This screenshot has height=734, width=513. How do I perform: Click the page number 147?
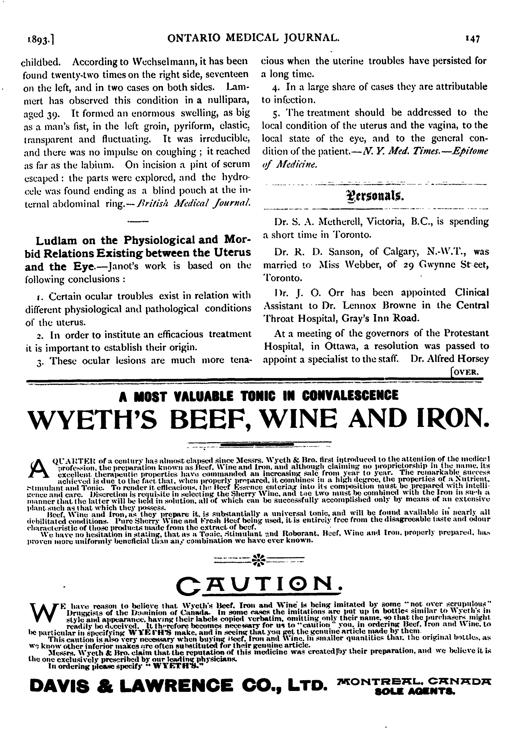click(472, 39)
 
